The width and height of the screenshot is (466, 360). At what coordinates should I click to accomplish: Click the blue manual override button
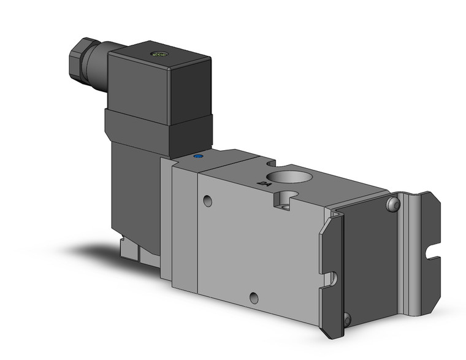(x=197, y=156)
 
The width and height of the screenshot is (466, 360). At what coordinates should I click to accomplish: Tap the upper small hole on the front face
(x=208, y=201)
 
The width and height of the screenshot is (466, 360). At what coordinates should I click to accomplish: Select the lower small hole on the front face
(x=253, y=299)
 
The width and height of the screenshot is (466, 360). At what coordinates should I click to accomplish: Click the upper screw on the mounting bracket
(x=392, y=205)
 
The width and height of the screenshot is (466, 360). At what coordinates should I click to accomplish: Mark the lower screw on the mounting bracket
(x=348, y=319)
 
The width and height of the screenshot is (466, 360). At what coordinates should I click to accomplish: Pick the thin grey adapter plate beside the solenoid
(x=166, y=221)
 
